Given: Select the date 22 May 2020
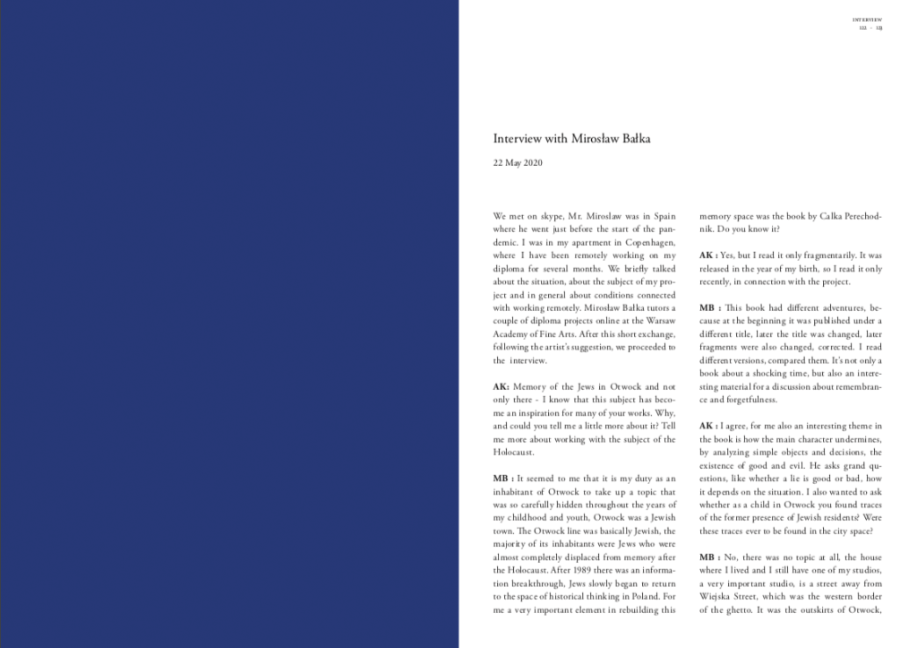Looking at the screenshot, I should click(x=518, y=163).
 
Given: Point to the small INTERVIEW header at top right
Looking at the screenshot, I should click(x=868, y=18).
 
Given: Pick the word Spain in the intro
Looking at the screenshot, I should click(x=664, y=216).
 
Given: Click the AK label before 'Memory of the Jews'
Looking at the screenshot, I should click(x=501, y=386).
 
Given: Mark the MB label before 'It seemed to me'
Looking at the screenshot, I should click(x=502, y=479).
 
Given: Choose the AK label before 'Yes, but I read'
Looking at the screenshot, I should click(x=707, y=255).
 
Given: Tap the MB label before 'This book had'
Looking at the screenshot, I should click(x=709, y=307).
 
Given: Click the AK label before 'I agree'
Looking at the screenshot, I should click(x=707, y=426).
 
